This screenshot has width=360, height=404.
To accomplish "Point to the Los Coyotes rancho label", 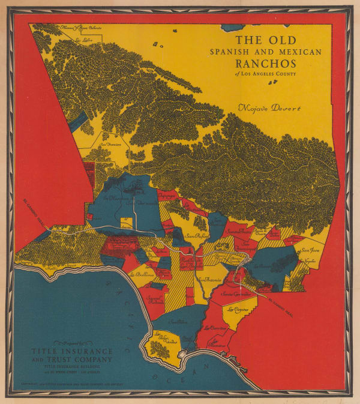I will pyautogui.click(x=238, y=310).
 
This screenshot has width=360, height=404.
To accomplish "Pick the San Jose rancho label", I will pyautogui.click(x=310, y=250).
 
